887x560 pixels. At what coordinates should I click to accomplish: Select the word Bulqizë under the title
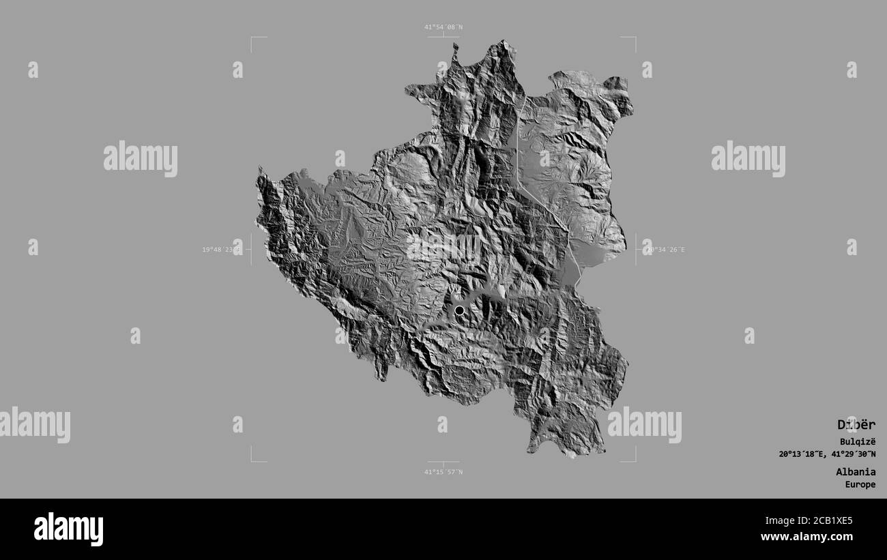(x=858, y=441)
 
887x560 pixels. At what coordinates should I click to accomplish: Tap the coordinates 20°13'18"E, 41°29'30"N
(x=827, y=454)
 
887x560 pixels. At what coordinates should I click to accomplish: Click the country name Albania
(x=856, y=471)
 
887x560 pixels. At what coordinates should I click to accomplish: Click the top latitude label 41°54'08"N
(x=443, y=27)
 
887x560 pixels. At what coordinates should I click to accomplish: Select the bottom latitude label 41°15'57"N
(x=443, y=471)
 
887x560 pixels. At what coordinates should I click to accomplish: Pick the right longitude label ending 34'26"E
(x=663, y=250)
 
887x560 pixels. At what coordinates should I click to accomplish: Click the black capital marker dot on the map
(x=459, y=310)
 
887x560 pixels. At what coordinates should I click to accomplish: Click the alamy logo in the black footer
(x=68, y=529)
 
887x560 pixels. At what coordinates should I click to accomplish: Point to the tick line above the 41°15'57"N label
(x=443, y=462)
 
